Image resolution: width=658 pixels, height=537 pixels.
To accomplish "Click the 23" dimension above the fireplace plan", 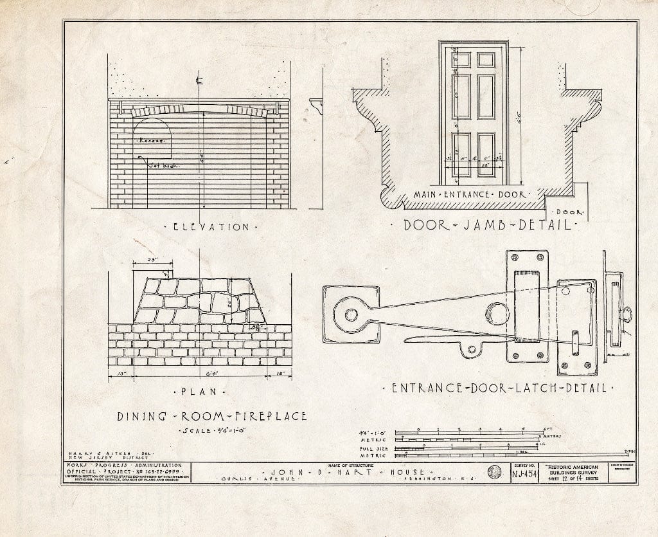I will tap(152, 260).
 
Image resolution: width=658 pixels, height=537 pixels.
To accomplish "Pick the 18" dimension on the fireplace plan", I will tap(280, 373).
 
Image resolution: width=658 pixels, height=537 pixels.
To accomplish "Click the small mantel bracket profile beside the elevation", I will tap(316, 105).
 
